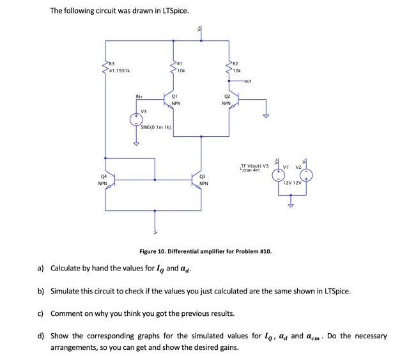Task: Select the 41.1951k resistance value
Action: click(x=120, y=71)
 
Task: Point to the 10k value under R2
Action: click(x=236, y=71)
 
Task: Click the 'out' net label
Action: click(x=247, y=81)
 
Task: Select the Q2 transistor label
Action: click(x=226, y=97)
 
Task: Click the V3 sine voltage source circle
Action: click(x=135, y=120)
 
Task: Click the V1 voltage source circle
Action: click(x=278, y=175)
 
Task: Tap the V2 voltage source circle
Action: click(x=307, y=175)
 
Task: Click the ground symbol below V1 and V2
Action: click(x=292, y=205)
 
